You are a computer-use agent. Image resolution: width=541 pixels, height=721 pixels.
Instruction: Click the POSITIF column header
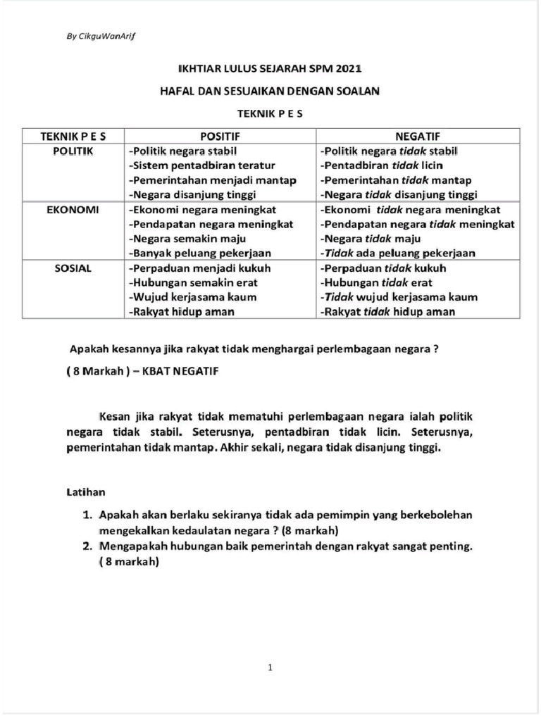pyautogui.click(x=220, y=136)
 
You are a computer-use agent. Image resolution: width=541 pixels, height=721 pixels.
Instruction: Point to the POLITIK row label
pyautogui.click(x=73, y=151)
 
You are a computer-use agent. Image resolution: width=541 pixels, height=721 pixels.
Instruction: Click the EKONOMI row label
pyautogui.click(x=73, y=210)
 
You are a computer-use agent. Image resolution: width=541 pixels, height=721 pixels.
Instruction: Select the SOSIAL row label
pyautogui.click(x=73, y=268)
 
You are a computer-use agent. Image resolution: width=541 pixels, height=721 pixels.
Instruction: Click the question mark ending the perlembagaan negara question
pyautogui.click(x=437, y=349)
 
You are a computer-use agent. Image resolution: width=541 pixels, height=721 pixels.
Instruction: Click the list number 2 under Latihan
pyautogui.click(x=87, y=546)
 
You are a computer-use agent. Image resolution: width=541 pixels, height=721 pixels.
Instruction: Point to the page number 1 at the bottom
pyautogui.click(x=270, y=668)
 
